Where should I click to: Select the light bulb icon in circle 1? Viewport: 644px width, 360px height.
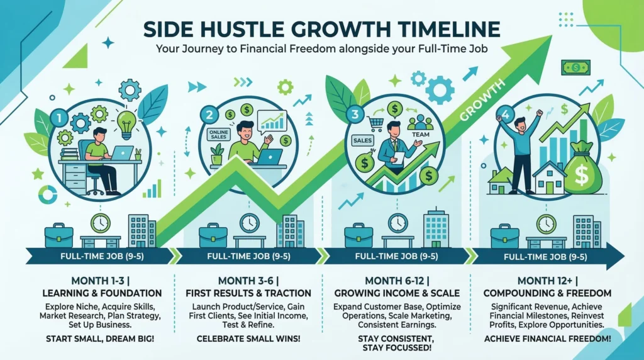pos(127,121)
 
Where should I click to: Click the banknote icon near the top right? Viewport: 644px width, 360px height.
pos(575,67)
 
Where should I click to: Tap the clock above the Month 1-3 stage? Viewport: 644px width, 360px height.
pos(100,223)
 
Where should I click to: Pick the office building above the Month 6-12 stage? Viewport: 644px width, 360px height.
pos(436,228)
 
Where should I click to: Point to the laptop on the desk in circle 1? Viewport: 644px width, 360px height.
pos(121,152)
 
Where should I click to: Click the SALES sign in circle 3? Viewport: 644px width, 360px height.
pos(363,141)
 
